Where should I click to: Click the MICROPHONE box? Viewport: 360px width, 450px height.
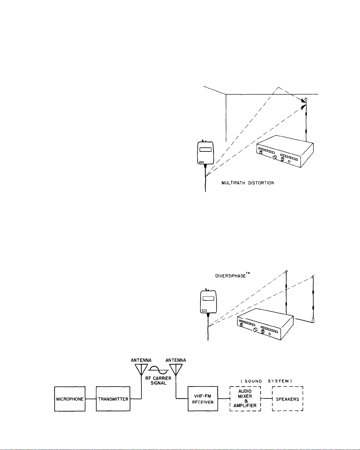pos(70,399)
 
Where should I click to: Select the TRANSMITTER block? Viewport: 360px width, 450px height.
pos(113,399)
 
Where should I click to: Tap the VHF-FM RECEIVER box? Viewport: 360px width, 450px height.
pos(203,399)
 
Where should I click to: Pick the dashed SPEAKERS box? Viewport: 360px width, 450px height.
pos(288,399)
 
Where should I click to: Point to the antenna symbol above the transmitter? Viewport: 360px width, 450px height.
pos(141,369)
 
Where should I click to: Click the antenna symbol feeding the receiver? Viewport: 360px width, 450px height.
pos(175,369)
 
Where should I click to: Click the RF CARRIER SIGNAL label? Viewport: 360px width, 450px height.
pos(158,380)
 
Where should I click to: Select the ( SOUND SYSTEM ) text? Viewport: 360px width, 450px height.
pos(266,381)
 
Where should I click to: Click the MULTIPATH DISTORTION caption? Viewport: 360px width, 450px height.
pos(248,183)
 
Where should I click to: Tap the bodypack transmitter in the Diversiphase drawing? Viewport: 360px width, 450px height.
pos(208,301)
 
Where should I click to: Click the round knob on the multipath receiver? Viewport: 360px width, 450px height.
pos(275,157)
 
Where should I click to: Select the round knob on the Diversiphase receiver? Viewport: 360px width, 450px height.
pos(255,330)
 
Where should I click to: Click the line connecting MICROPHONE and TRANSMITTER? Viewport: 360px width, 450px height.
pos(91,399)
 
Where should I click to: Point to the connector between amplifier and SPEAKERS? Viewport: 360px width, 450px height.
pos(266,399)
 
